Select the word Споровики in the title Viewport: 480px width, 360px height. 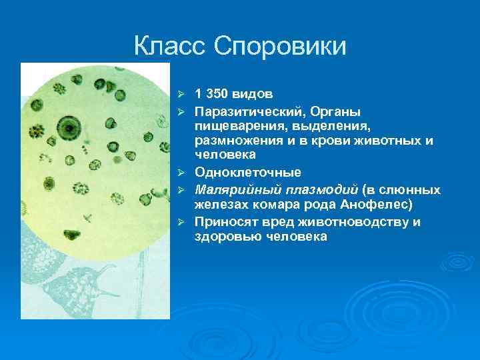coord(281,46)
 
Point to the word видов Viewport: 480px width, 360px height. coord(255,94)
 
